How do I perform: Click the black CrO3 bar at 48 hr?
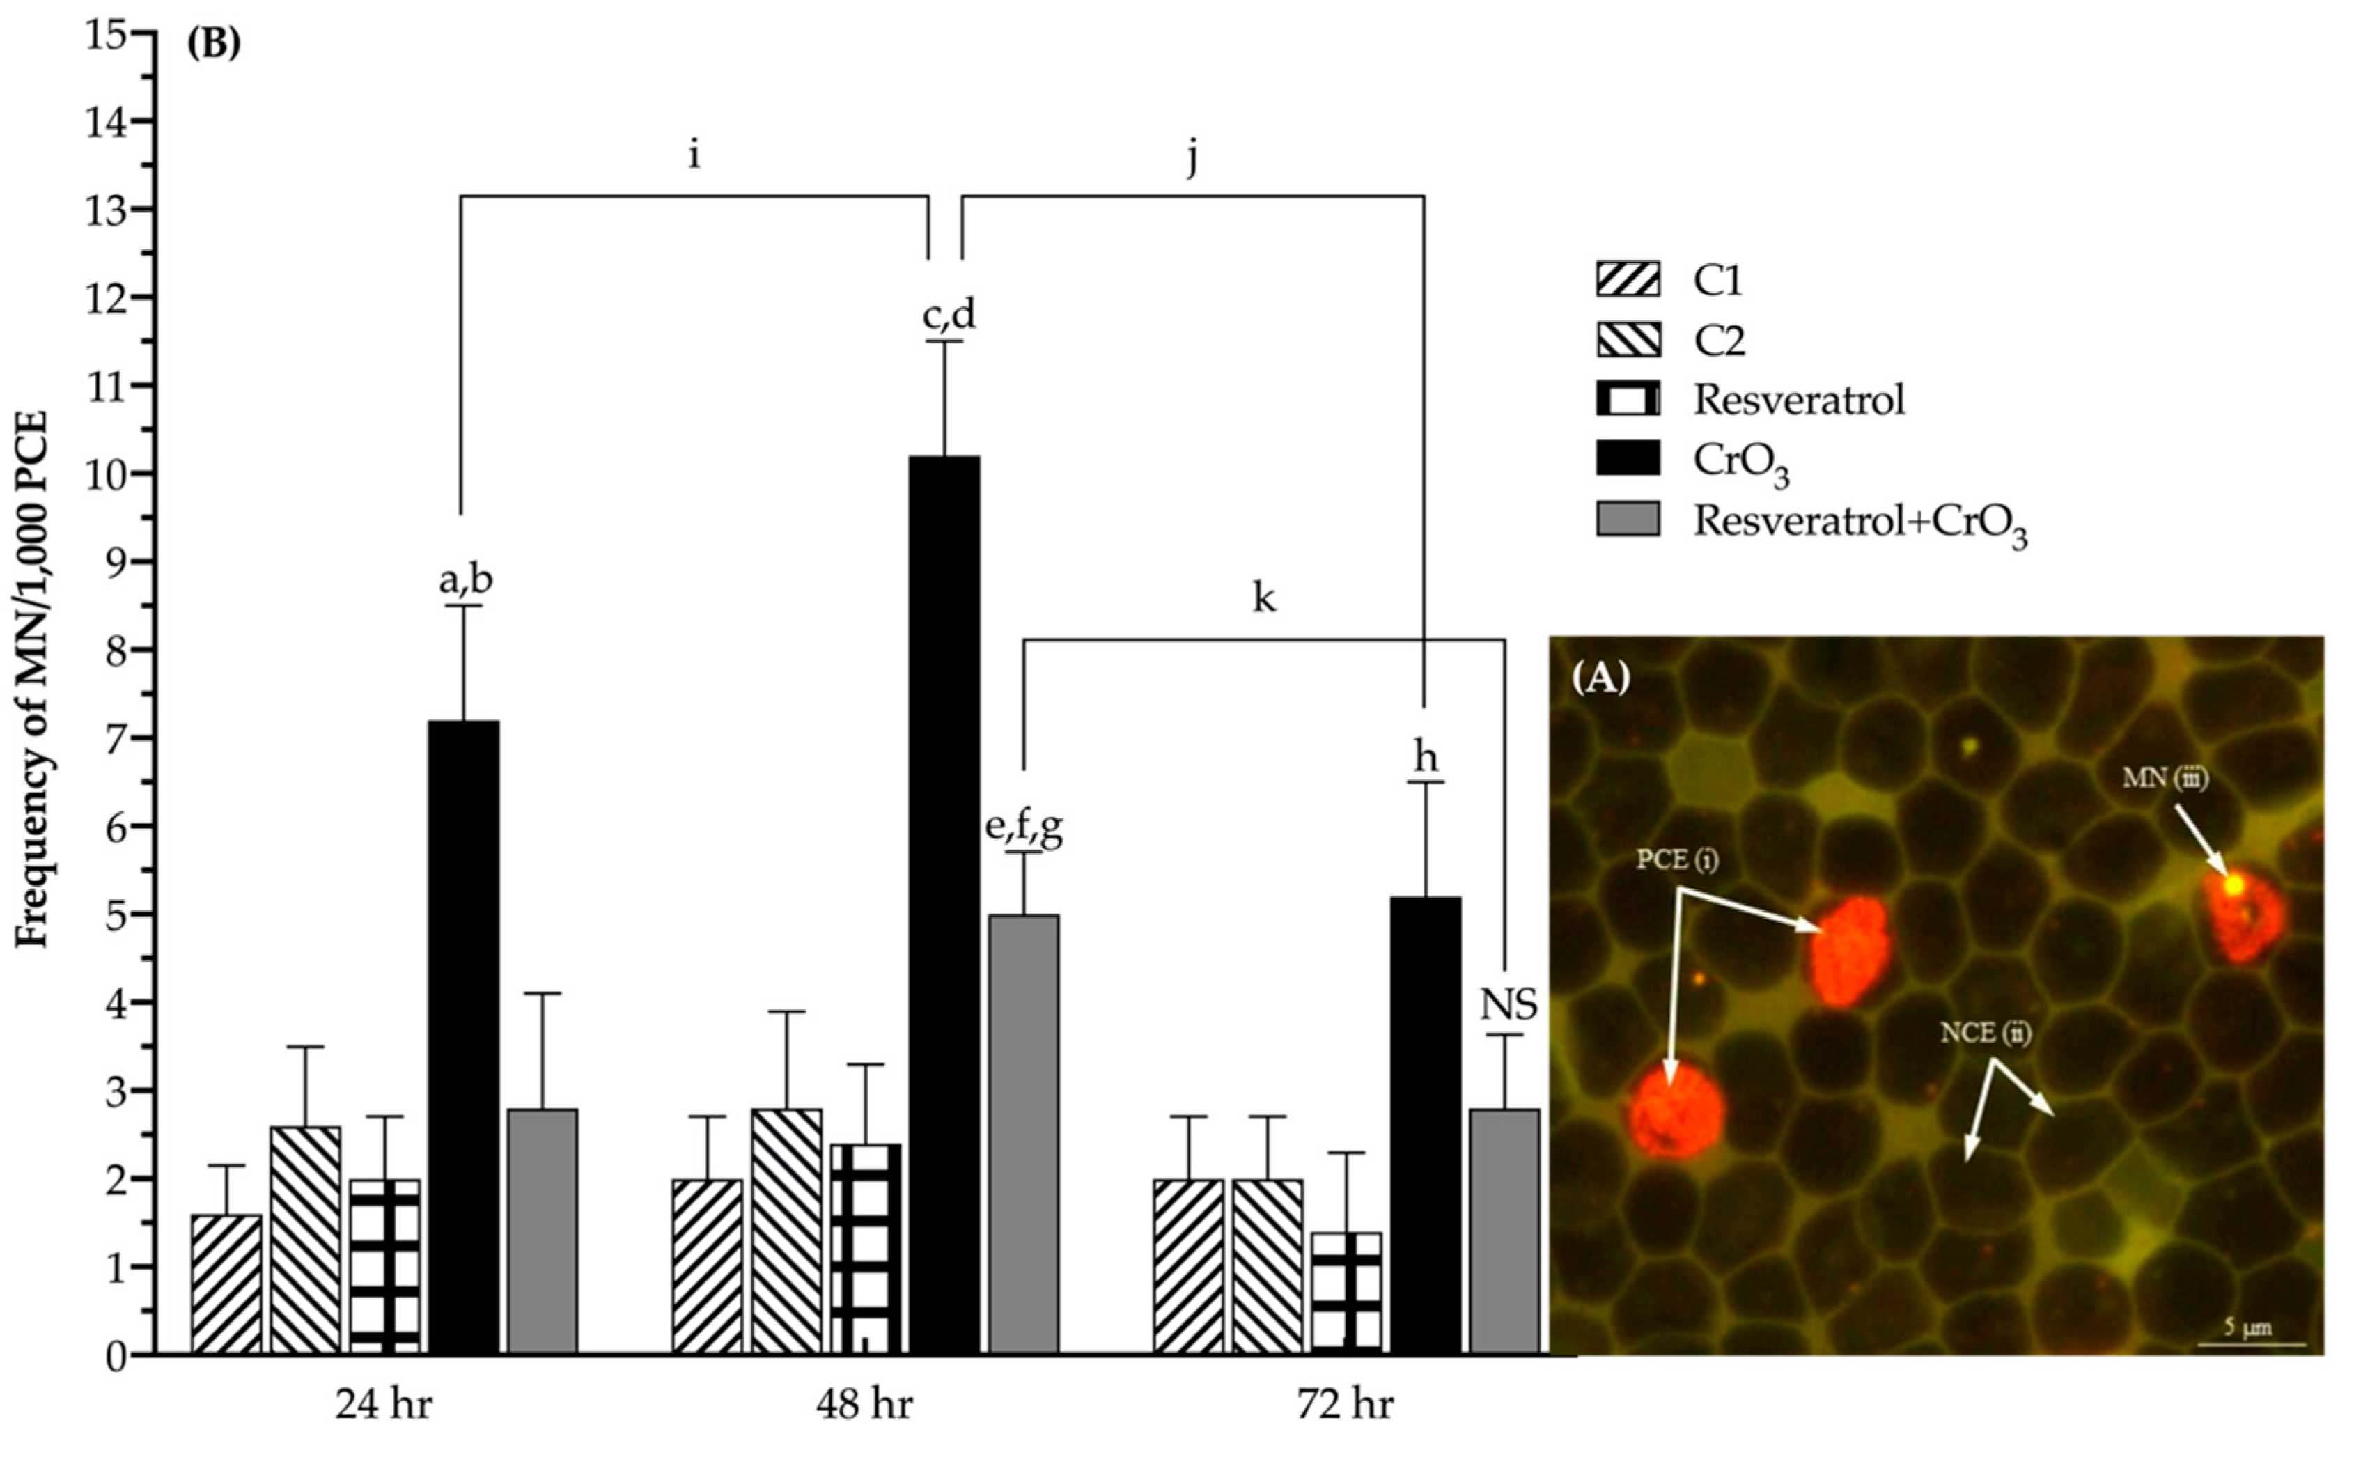(945, 906)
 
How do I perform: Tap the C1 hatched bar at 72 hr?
(1188, 1266)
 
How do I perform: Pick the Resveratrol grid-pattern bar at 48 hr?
(866, 1249)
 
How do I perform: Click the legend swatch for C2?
(1628, 340)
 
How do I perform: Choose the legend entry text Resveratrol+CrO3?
(1860, 522)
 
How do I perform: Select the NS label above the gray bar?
(1508, 1006)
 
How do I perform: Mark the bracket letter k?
(1263, 598)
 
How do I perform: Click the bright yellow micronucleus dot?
(2233, 884)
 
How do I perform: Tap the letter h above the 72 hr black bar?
(1425, 758)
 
